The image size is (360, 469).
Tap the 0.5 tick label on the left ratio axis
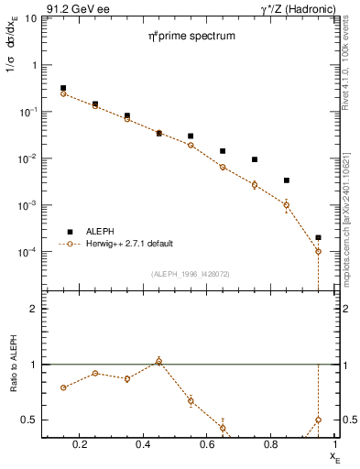tap(28, 420)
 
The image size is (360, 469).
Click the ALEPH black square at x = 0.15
tap(63, 88)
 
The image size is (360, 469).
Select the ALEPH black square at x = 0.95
tap(318, 237)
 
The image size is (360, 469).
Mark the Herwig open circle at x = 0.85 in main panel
tap(287, 205)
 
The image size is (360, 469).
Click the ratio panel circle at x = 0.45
tap(159, 362)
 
